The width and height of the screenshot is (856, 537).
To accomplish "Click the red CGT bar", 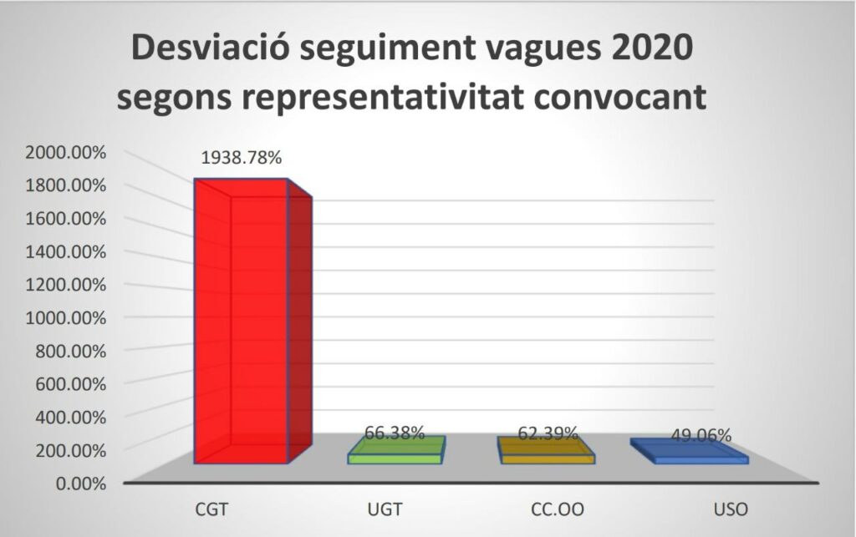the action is coord(252,321).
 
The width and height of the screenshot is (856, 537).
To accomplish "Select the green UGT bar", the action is coord(396,450).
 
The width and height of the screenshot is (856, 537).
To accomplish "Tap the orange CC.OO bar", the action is coord(546,450).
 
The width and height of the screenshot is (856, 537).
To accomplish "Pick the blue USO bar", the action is coord(690,452).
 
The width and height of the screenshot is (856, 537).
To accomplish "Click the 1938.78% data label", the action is coord(242,158).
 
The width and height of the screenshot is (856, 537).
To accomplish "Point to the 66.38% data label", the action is coord(395,433).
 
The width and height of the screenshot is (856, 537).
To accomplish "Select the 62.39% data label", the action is coord(548,433).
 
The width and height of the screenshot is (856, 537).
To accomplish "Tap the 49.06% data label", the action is coord(701,436).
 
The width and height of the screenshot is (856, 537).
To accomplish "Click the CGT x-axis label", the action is coord(211,509).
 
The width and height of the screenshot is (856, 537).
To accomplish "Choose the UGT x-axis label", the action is coord(385,509).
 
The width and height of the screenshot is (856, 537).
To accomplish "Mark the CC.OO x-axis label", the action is coord(558,509).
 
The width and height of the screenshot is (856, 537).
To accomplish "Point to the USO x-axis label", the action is coord(731,509).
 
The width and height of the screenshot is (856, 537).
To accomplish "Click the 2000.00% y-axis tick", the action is coord(65,153).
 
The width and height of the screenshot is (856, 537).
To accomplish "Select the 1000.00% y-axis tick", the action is coord(65,318).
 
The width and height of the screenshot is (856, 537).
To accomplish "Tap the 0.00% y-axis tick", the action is coord(81,484).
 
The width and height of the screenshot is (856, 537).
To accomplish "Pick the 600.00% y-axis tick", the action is coord(70,384).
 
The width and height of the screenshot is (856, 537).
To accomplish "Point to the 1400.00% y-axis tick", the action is coord(65,252).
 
